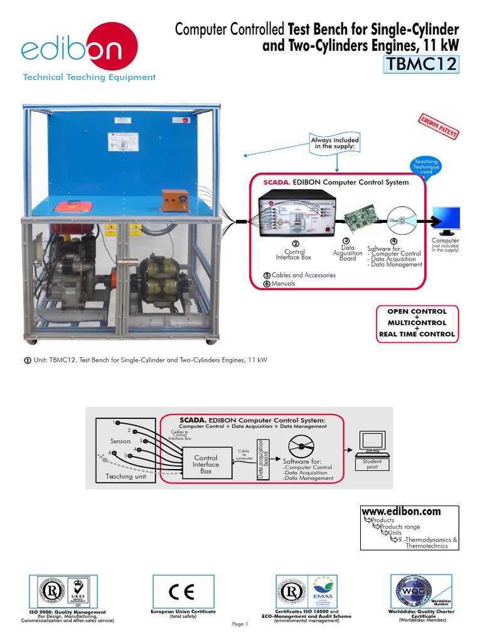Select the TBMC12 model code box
pyautogui.click(x=420, y=64)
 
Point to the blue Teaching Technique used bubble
pyautogui.click(x=426, y=166)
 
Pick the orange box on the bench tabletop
pyautogui.click(x=173, y=200)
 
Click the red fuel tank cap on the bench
pyautogui.click(x=66, y=206)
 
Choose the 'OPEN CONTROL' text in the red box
pyautogui.click(x=417, y=311)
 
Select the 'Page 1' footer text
pyautogui.click(x=240, y=624)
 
